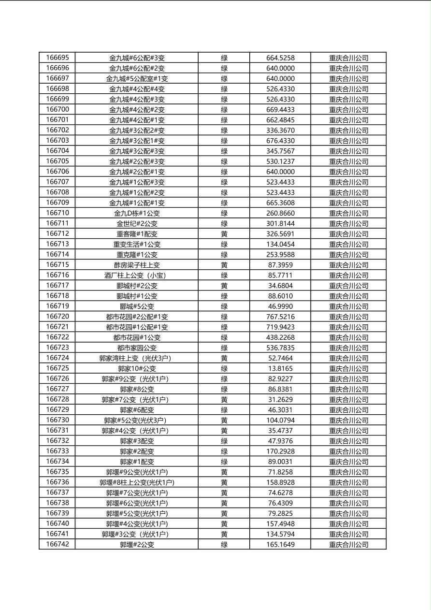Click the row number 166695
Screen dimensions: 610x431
57,58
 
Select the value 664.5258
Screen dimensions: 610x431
280,58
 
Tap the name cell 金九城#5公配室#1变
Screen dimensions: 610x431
137,79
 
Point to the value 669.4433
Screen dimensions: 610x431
280,110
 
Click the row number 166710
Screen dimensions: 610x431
57,213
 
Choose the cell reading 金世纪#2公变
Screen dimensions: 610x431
137,224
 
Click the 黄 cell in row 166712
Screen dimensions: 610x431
224,234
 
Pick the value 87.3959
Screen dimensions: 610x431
280,265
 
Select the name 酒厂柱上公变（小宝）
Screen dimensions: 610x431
137,276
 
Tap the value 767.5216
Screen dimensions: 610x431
280,317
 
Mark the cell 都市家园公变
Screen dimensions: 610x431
137,348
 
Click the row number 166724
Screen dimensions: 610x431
57,358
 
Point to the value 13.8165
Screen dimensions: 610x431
280,368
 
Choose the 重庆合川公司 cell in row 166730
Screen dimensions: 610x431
349,421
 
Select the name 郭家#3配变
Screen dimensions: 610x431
137,441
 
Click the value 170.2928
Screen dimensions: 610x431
280,451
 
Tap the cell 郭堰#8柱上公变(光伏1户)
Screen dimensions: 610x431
137,482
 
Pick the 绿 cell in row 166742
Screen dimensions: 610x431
224,545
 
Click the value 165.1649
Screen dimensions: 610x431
280,545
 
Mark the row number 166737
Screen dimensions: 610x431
57,493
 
